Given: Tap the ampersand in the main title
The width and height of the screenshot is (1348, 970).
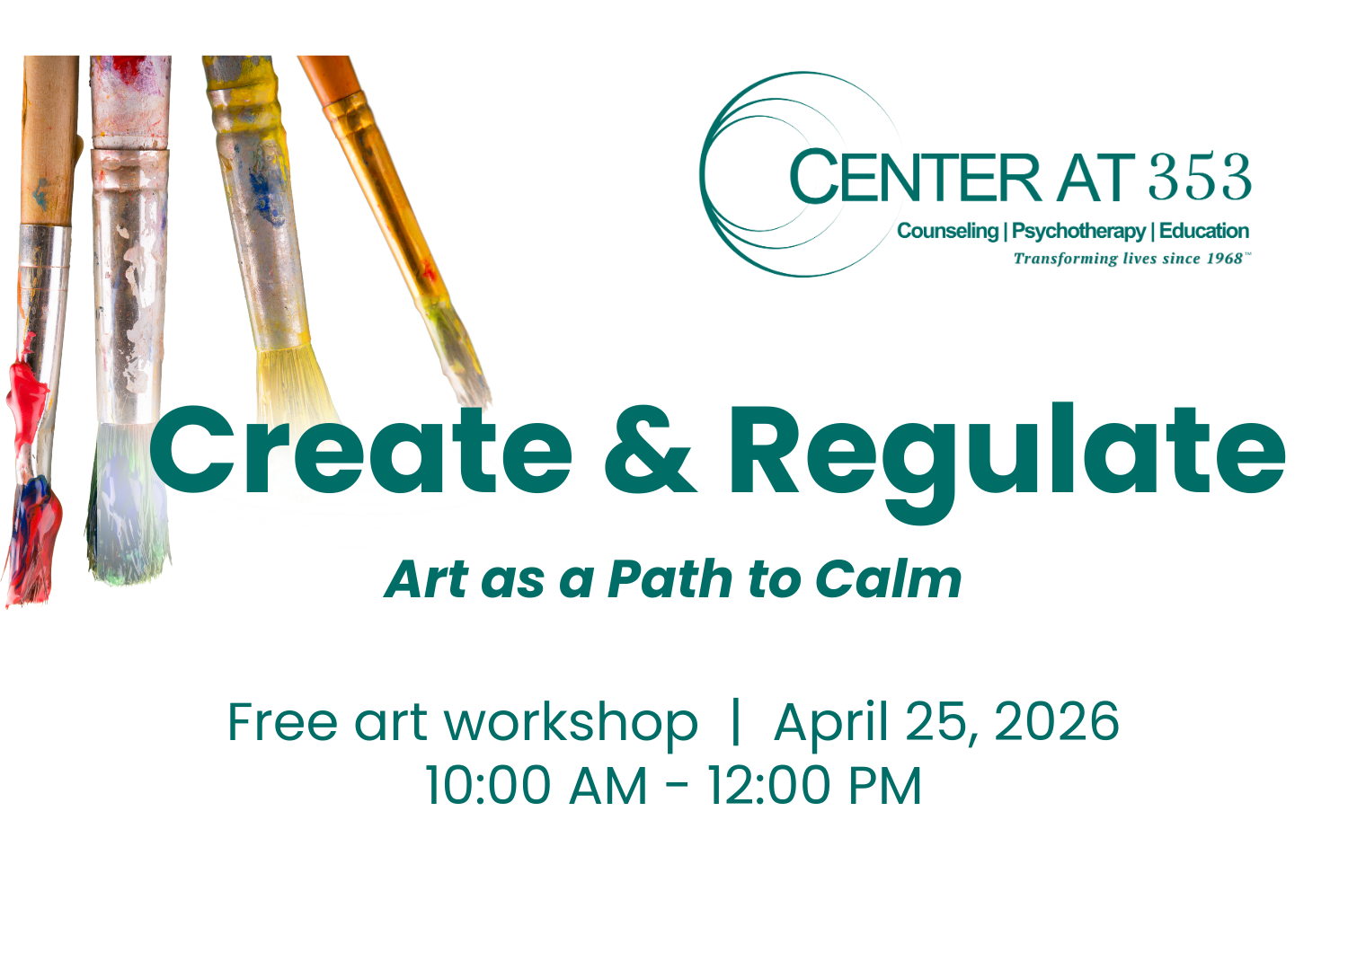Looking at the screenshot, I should point(650,451).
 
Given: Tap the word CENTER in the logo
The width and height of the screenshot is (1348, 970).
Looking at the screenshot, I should point(915,177).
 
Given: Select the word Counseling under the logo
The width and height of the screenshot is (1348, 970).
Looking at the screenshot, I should point(947,231).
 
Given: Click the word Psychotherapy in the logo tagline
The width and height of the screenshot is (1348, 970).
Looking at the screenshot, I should point(1078,232).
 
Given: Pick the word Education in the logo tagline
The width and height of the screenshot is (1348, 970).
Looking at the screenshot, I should point(1203,231).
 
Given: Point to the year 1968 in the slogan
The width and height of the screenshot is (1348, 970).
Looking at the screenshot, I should point(1224,259).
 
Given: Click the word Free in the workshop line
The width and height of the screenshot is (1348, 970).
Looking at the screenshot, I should point(282,722).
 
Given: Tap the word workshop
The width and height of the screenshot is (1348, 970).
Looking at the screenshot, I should point(571,724).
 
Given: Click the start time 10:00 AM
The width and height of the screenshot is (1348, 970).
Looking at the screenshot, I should point(536,786).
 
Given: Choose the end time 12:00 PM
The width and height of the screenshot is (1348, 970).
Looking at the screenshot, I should point(814,786).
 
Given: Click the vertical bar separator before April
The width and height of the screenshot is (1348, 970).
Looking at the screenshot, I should point(736,722).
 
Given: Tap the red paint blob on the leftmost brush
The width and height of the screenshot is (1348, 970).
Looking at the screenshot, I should point(27,395).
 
